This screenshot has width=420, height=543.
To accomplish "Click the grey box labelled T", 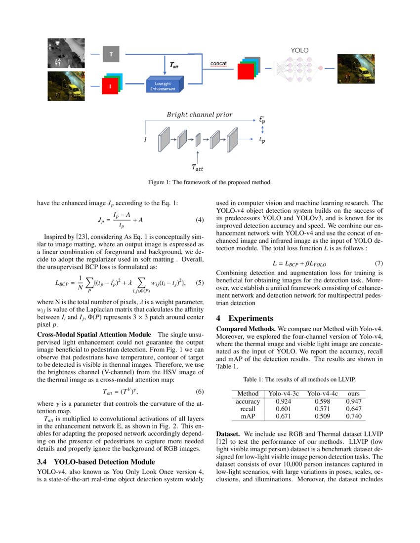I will point(111,54).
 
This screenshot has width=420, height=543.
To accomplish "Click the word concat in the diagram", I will point(218,64).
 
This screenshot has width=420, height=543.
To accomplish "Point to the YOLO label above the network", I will point(299,50).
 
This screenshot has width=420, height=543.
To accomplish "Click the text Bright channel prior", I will point(199,115).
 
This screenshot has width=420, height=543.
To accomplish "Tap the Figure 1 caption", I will point(210,182).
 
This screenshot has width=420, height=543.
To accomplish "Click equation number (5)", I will point(200,283).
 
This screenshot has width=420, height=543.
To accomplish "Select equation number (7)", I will point(378,264).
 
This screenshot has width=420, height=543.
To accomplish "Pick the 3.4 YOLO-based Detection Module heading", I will point(96,462).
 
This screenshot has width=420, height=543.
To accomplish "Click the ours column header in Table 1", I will point(353,393).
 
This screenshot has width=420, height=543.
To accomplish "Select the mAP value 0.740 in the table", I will point(353,417).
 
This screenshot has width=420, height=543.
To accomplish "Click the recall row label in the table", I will point(248,409).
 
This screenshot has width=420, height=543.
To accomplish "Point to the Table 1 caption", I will point(299,380).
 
